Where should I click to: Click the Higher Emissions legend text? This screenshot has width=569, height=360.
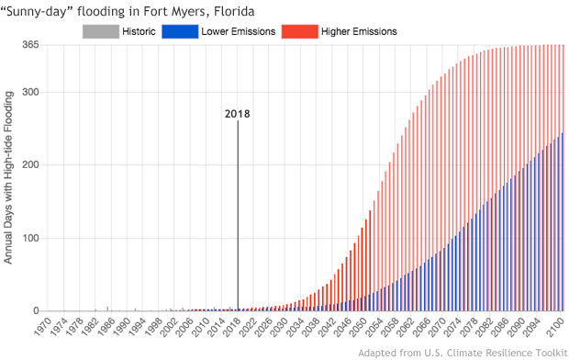point(359,32)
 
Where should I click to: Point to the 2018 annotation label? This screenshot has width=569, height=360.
point(238,114)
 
